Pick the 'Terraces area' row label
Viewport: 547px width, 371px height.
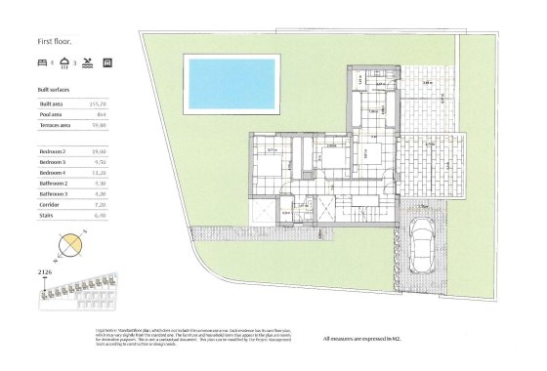click(x=54, y=124)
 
